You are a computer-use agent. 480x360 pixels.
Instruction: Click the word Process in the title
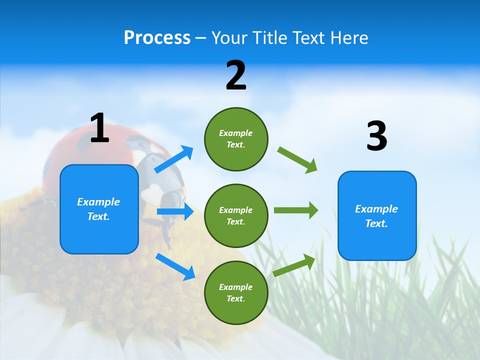click(157, 38)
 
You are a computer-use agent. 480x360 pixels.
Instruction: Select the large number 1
click(99, 128)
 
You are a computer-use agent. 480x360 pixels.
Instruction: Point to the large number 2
click(236, 75)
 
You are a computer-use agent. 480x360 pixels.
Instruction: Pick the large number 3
click(376, 136)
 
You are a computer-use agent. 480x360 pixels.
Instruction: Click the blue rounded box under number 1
click(99, 209)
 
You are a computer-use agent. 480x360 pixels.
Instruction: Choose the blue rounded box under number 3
click(377, 216)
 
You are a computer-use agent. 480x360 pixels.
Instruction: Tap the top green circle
click(236, 139)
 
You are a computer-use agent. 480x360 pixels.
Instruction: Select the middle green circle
click(236, 216)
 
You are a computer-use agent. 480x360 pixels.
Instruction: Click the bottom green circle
click(236, 293)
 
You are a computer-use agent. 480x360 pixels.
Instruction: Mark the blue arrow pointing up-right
click(174, 159)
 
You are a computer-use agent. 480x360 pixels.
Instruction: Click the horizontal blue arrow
click(175, 211)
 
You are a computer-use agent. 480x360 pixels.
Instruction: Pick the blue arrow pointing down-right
click(175, 266)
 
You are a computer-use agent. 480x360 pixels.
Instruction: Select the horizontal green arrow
click(296, 210)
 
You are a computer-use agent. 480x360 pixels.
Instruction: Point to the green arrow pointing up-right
click(294, 265)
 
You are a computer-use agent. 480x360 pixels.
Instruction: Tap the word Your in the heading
click(228, 38)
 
